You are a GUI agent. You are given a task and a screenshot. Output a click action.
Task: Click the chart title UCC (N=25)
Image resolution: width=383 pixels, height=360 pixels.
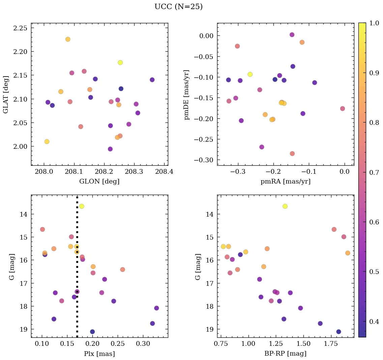(178, 7)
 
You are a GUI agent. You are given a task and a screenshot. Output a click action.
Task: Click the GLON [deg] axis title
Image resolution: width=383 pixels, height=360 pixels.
(99, 182)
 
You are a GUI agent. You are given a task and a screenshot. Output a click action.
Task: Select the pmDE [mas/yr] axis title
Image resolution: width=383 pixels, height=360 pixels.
(187, 95)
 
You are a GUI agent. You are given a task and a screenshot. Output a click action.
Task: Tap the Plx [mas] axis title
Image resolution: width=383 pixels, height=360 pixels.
(99, 354)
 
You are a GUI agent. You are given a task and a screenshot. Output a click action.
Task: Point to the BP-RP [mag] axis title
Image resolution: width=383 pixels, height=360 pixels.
(285, 354)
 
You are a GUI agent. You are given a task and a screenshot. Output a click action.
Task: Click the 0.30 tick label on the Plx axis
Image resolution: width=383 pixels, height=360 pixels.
(143, 344)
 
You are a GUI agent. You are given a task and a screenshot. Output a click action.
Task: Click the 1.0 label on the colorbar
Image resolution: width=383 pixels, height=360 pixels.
(374, 23)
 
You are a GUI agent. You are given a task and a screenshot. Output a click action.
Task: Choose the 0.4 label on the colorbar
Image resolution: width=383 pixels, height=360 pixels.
(374, 322)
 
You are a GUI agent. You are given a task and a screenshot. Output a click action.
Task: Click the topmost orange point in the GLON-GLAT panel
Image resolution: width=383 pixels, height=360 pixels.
(68, 39)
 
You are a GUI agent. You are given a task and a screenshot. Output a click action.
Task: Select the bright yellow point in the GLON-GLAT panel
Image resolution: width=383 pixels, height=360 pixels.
(120, 62)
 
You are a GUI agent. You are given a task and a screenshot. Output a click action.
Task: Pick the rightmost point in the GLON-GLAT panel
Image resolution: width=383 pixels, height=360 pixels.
(152, 80)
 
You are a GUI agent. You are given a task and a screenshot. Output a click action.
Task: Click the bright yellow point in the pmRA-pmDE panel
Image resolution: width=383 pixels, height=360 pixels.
(250, 74)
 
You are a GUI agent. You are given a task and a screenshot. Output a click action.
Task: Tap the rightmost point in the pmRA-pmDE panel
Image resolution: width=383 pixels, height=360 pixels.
(343, 109)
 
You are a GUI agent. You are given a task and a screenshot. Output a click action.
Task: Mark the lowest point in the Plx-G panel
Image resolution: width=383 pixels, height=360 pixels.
(92, 332)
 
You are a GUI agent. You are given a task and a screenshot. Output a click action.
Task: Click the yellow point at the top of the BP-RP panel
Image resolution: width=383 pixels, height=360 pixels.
(285, 206)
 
